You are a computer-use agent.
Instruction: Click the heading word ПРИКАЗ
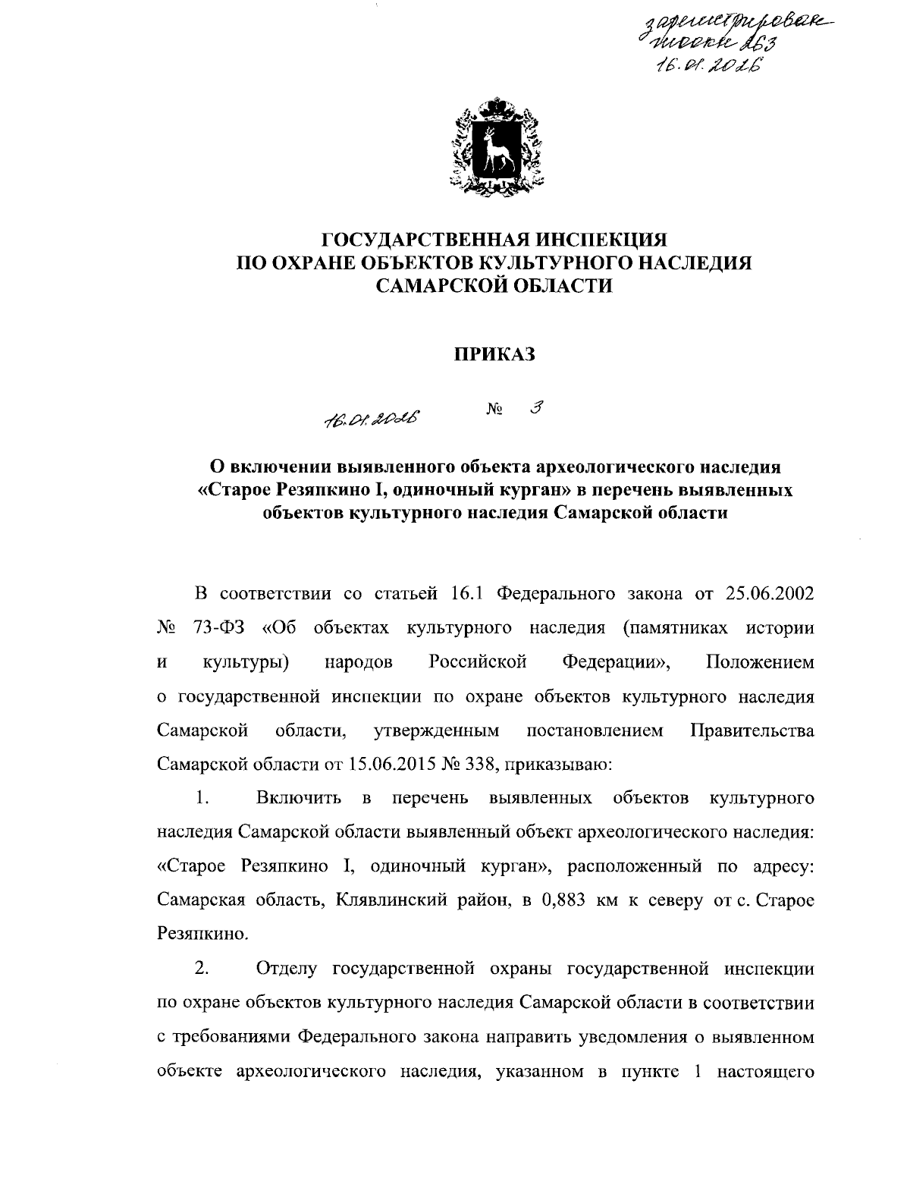pyautogui.click(x=494, y=353)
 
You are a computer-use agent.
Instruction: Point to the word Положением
pyautogui.click(x=760, y=661)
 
